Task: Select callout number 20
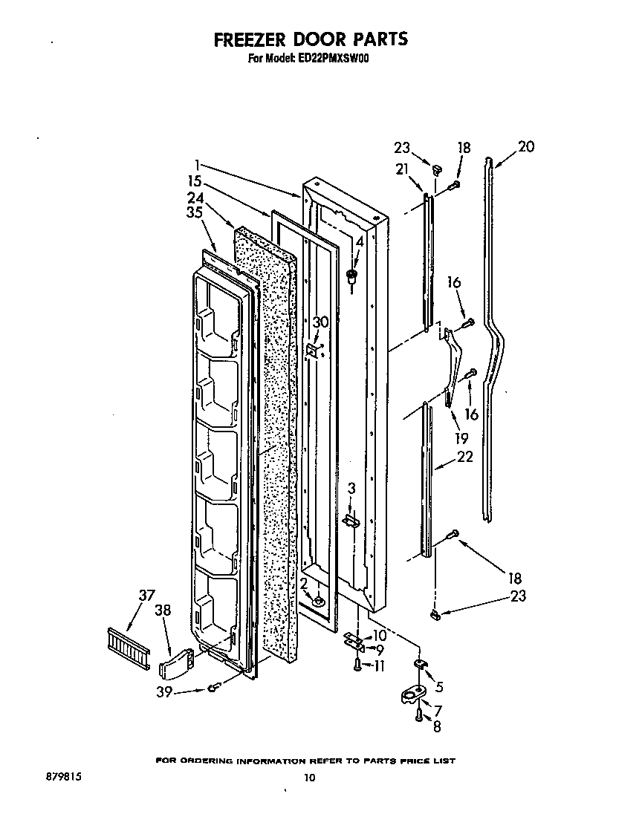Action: (x=525, y=147)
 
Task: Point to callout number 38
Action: (x=163, y=610)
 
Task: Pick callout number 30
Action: (x=320, y=322)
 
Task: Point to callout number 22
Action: (x=465, y=457)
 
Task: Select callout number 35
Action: (x=195, y=213)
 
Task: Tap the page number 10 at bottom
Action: (x=310, y=778)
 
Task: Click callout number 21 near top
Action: (x=402, y=170)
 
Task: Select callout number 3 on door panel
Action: (x=352, y=488)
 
